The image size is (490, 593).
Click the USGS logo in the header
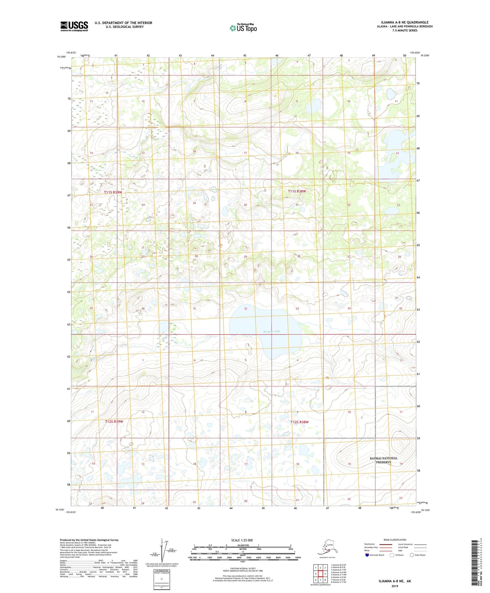click(74, 26)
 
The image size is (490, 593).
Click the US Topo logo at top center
click(243, 28)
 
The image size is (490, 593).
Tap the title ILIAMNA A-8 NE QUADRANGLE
click(400, 22)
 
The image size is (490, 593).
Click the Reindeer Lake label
click(272, 331)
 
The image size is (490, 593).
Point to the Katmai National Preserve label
click(383, 460)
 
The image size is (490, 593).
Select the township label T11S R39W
click(113, 192)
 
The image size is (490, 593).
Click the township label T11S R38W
click(297, 191)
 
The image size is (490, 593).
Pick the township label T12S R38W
click(299, 422)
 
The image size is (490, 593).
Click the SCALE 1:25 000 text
click(242, 540)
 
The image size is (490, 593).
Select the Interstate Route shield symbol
click(367, 555)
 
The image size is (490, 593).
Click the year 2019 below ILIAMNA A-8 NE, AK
click(395, 586)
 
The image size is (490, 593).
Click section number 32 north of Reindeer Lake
click(246, 309)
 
